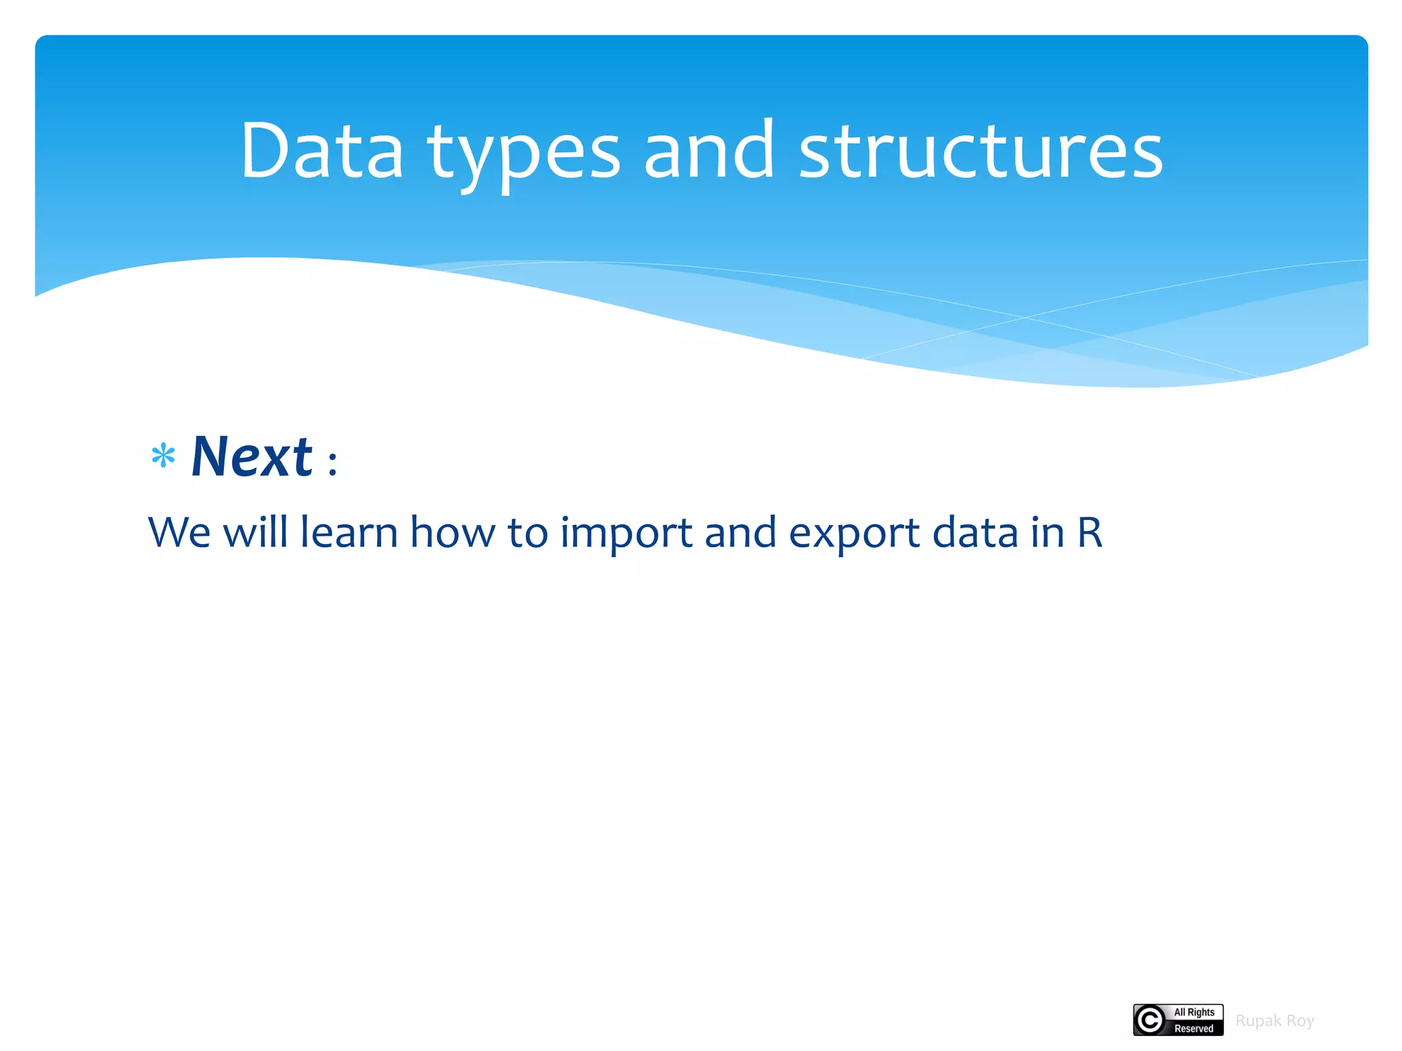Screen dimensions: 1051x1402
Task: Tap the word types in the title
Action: [x=524, y=154]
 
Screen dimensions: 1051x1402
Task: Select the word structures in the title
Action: [x=980, y=152]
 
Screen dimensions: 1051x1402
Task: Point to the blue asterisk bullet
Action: [x=163, y=456]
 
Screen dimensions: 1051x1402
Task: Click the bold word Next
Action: [x=251, y=457]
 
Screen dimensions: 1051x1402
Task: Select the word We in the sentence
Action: [x=179, y=532]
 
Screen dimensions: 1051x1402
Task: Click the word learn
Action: [x=349, y=532]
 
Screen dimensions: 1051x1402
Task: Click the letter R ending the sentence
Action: [x=1089, y=532]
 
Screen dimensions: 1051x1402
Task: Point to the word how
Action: [x=452, y=532]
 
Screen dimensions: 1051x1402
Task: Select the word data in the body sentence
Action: [x=975, y=532]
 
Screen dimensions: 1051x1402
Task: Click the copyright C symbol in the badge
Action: [x=1150, y=1020]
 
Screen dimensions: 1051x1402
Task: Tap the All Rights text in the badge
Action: [x=1194, y=1012]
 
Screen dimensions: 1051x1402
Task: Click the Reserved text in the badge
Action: [x=1194, y=1028]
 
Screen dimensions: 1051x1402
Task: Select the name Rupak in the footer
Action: [x=1258, y=1021]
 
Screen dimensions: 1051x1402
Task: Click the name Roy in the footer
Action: [x=1300, y=1021]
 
